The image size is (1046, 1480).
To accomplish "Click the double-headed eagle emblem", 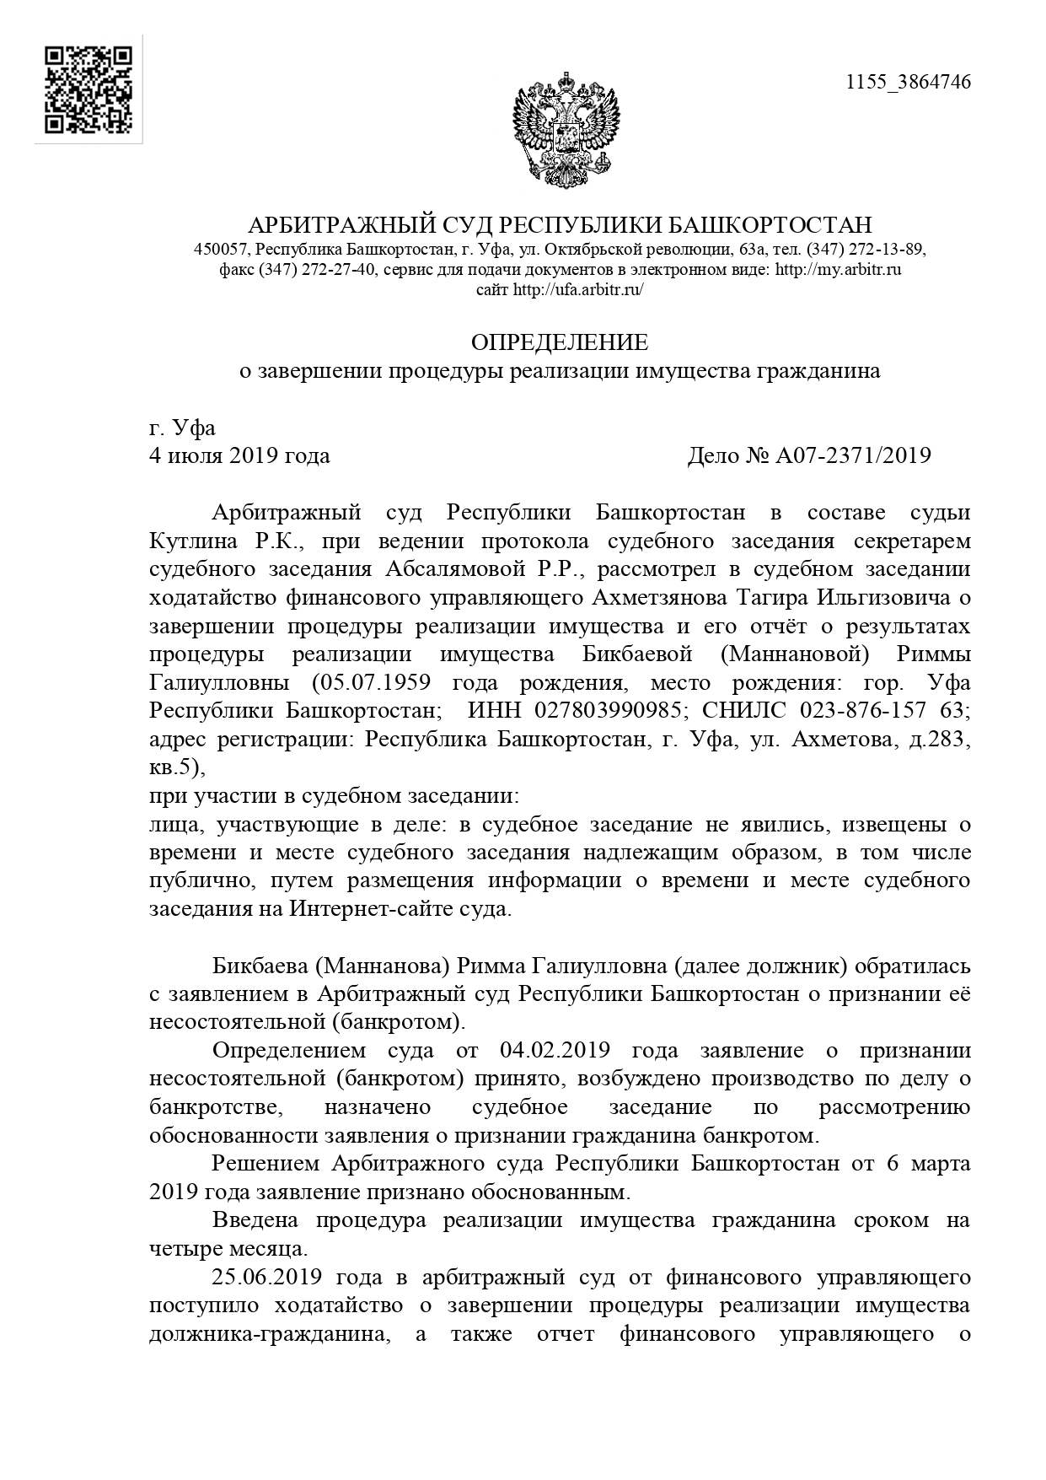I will (566, 129).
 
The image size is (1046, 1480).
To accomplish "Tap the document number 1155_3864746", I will (908, 82).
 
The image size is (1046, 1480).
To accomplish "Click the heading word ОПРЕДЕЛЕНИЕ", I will (560, 342).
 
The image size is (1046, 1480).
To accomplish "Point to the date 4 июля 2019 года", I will (239, 455).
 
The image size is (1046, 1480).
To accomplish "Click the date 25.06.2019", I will (262, 1278).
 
